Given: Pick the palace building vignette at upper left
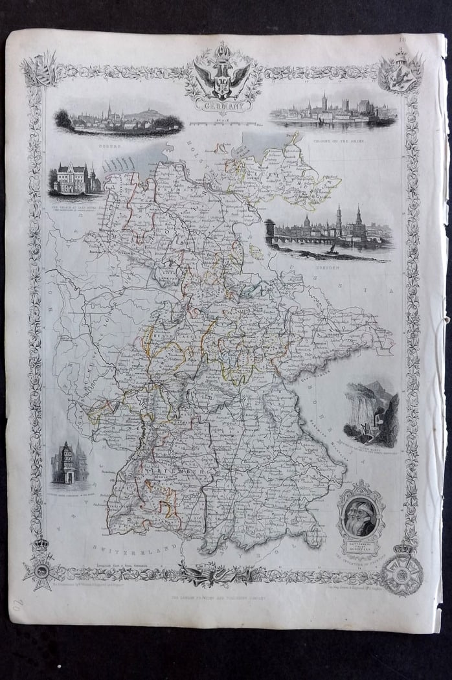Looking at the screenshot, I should click(74, 179).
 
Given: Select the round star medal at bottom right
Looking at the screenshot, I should click(401, 572).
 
